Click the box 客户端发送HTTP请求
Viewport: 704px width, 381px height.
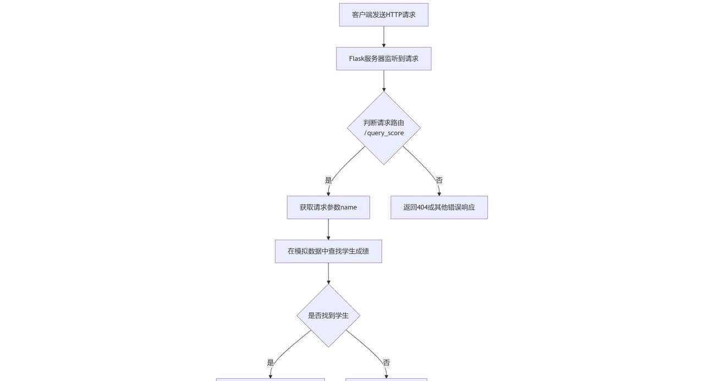pos(383,15)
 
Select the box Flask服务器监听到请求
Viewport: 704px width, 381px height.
pos(383,59)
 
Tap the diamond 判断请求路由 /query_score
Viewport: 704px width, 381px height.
pos(383,128)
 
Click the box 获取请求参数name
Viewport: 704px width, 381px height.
pos(328,207)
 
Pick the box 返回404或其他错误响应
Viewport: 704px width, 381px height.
pos(439,207)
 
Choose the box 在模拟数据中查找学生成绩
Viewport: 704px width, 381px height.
pos(328,251)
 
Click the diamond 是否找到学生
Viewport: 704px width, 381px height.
pos(328,316)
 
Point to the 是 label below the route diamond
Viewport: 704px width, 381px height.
pos(328,180)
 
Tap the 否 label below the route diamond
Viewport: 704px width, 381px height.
pos(439,180)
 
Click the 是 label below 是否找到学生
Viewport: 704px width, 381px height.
pos(270,363)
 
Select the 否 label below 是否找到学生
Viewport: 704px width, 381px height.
pos(386,363)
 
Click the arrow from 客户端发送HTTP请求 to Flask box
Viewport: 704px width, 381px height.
pos(383,37)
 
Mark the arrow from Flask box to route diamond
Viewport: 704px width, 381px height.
pos(383,81)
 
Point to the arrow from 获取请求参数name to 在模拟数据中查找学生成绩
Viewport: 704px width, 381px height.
pos(328,229)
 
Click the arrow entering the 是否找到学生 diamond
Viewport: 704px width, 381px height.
pos(328,273)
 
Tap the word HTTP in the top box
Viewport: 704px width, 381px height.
pos(394,15)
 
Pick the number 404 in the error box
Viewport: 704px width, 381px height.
pos(424,207)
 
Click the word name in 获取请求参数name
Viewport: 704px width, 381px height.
pos(349,207)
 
